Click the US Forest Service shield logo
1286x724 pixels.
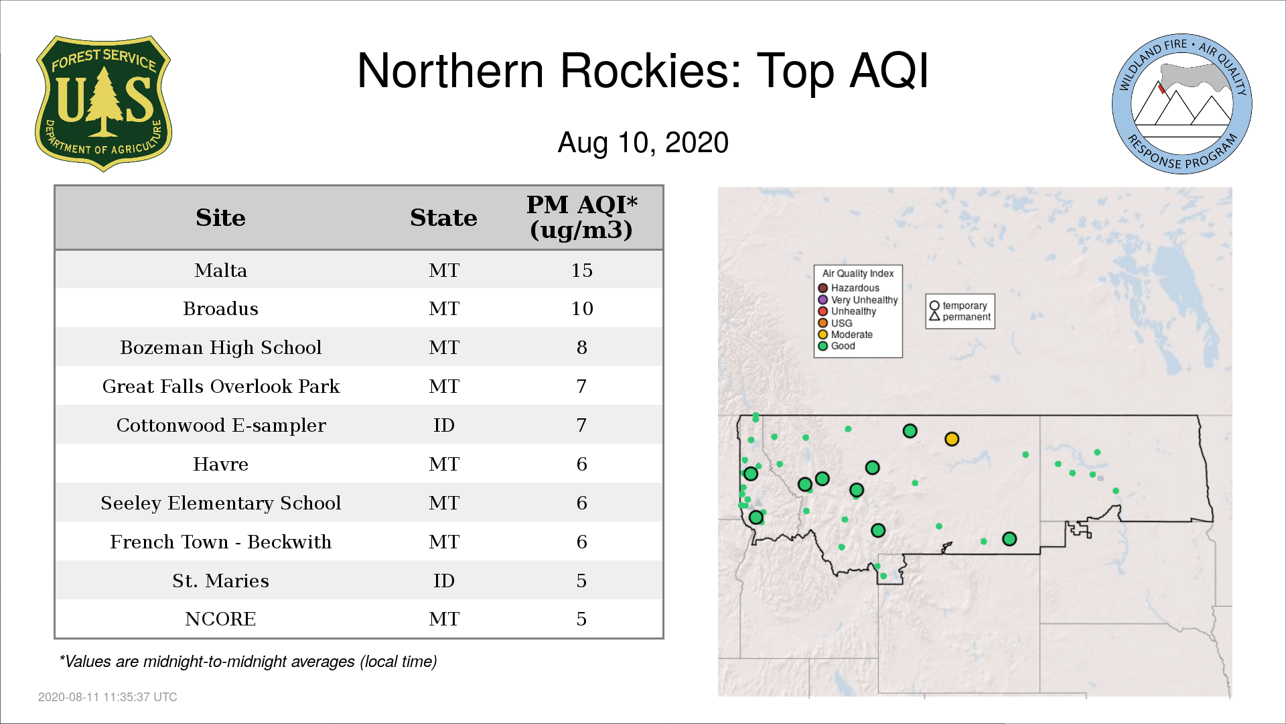pos(103,104)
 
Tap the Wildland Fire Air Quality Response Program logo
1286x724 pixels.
pos(1182,104)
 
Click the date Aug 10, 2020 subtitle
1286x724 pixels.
pos(643,143)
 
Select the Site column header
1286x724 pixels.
pos(220,218)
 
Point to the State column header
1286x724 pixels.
pos(443,218)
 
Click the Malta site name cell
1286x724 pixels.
pos(220,270)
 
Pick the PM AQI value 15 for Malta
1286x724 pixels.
pos(581,270)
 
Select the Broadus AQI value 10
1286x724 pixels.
pos(581,308)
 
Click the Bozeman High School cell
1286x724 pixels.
pos(220,347)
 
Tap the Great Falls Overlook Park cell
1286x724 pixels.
pos(220,386)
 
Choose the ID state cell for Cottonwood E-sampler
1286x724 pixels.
pos(443,425)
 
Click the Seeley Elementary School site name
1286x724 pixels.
pos(220,503)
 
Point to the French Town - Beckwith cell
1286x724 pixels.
pos(220,542)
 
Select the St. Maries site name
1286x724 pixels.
pos(220,581)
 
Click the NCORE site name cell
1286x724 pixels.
pos(220,619)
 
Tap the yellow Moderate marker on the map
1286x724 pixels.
pos(952,439)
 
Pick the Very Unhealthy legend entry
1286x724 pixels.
pos(858,300)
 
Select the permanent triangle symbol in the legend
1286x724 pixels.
pos(934,316)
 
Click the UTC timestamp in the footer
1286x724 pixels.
pos(108,697)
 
